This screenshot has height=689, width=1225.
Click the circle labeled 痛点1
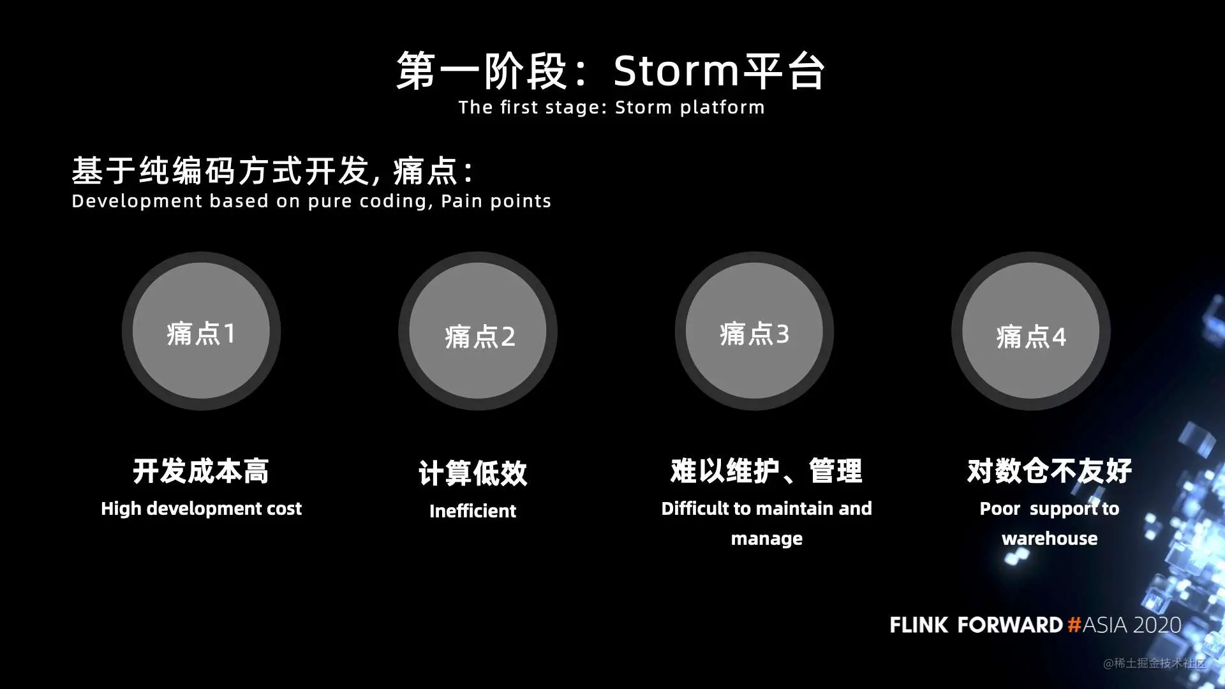(201, 331)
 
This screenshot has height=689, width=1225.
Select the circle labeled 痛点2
(478, 331)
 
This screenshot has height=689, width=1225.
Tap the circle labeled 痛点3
(754, 331)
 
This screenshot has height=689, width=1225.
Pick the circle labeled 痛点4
(1031, 331)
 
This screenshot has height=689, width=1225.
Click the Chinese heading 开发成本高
(201, 471)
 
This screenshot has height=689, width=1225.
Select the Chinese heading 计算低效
(473, 473)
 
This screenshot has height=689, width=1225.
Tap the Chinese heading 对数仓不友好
(1050, 471)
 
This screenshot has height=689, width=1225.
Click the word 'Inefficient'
(473, 511)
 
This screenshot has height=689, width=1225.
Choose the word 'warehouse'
(1050, 538)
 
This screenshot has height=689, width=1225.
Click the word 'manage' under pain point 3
(767, 540)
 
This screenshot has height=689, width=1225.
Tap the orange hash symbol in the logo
(1074, 625)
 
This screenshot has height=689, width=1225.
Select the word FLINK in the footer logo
(919, 625)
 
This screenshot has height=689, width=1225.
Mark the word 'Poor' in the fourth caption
(1000, 508)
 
